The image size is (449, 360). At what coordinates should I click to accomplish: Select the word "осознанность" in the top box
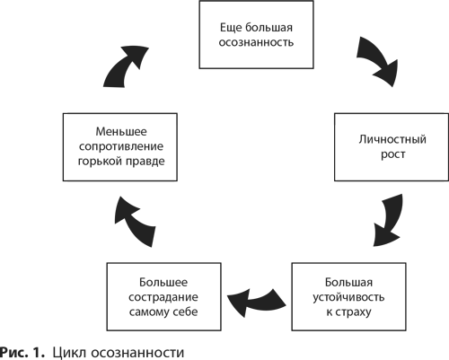click(256, 42)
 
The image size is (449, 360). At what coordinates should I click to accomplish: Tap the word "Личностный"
click(392, 140)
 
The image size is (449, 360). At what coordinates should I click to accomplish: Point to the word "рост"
click(393, 155)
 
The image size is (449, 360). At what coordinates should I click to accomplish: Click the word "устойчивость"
click(348, 297)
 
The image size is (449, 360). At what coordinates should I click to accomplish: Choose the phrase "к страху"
click(348, 312)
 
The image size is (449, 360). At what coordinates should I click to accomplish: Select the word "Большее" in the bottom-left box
click(163, 282)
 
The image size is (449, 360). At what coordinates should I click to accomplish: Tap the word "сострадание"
click(163, 297)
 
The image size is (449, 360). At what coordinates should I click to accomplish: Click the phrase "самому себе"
click(163, 312)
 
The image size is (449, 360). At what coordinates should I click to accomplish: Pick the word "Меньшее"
click(121, 132)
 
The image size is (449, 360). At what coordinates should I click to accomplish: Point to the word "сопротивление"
click(121, 146)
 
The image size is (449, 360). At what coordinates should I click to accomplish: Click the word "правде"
click(145, 162)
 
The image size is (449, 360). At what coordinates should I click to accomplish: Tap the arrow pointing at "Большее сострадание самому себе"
click(257, 303)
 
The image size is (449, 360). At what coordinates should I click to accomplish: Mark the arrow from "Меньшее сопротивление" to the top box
click(125, 66)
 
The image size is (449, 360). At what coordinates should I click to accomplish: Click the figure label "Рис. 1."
click(22, 352)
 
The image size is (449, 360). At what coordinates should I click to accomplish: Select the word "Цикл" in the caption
click(68, 352)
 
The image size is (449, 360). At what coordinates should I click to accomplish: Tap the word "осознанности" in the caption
click(137, 353)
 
